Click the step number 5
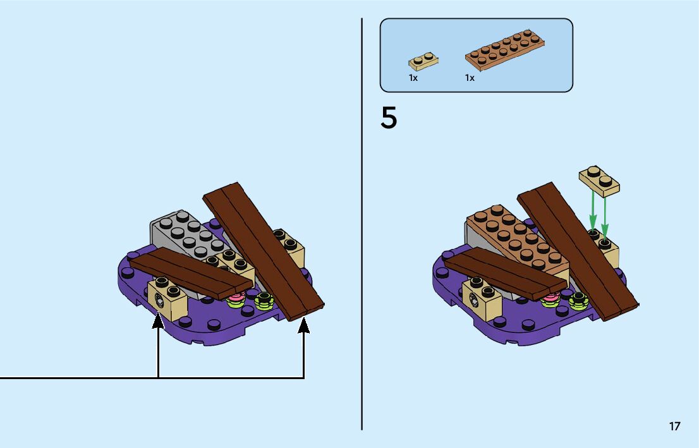[x=389, y=119]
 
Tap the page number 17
[x=675, y=426]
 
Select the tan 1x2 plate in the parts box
[x=424, y=61]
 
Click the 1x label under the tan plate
[x=413, y=78]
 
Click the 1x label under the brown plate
[x=470, y=78]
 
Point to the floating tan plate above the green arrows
[x=599, y=180]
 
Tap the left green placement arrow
[x=593, y=212]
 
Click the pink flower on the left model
[x=236, y=297]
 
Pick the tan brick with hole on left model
[x=167, y=300]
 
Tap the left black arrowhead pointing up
[x=158, y=322]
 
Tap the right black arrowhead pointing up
[x=304, y=325]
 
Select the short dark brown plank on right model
[x=502, y=271]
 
